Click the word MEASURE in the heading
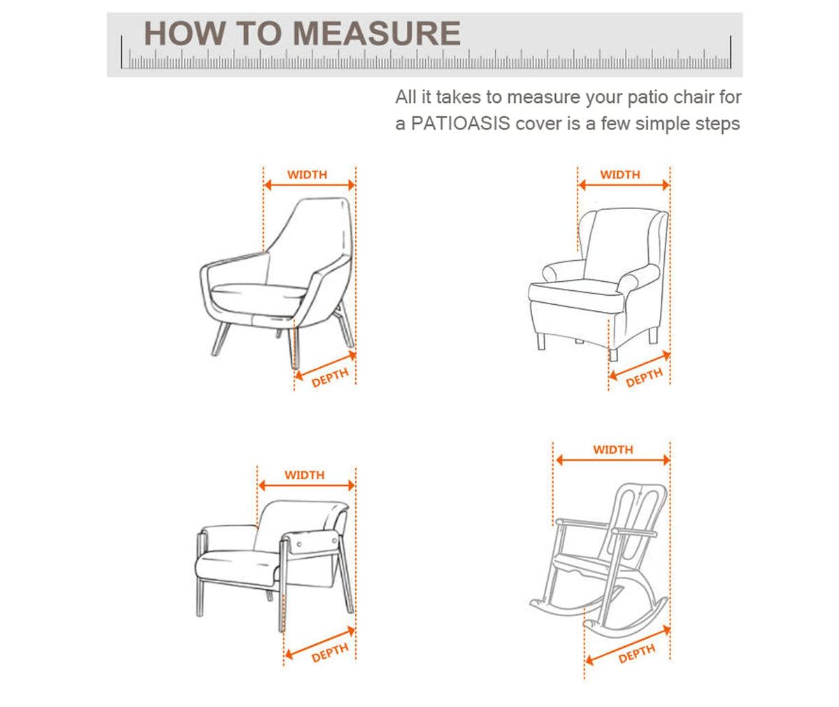(x=377, y=34)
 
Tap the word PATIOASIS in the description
(x=461, y=123)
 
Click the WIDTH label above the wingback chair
(x=620, y=175)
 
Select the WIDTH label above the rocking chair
(x=613, y=450)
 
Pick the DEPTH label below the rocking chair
(x=637, y=655)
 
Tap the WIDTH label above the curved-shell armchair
(x=308, y=175)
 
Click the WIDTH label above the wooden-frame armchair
(x=305, y=475)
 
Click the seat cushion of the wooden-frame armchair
(x=237, y=566)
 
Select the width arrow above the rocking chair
(x=613, y=460)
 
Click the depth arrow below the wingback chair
(x=640, y=365)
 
